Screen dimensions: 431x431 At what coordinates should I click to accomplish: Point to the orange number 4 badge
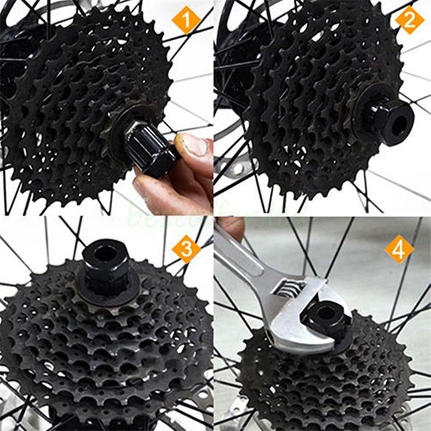point(399,249)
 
